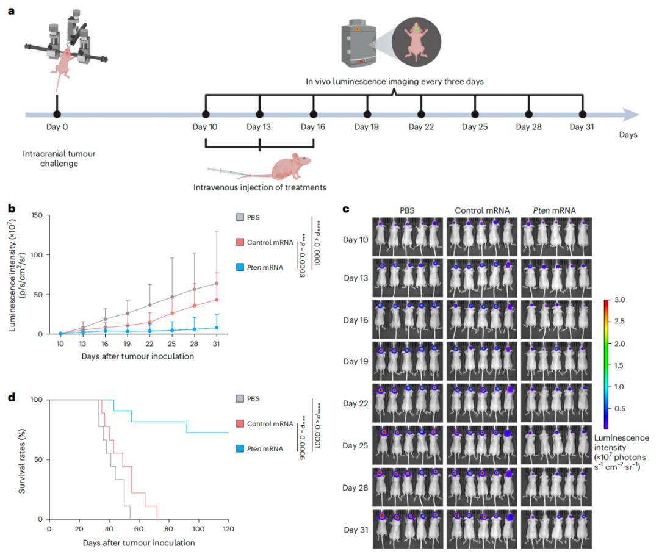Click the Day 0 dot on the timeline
tap(57, 114)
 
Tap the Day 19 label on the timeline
tap(367, 127)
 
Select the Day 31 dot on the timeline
tap(583, 114)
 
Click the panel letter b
tap(11, 208)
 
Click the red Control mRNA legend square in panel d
tap(240, 423)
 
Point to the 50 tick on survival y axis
tap(38, 459)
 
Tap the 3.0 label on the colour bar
tap(621, 300)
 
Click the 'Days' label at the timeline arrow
tap(628, 135)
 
